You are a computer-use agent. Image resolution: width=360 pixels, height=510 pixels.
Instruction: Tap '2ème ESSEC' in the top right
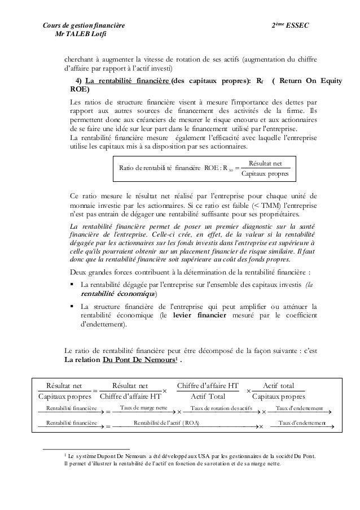[x=291, y=27]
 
